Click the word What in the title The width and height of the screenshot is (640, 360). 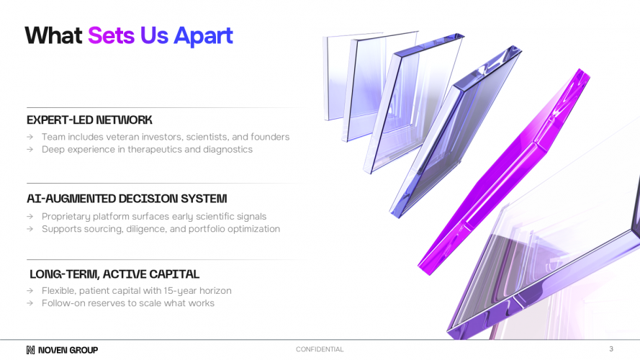[53, 35]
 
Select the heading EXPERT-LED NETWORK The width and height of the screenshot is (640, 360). [89, 120]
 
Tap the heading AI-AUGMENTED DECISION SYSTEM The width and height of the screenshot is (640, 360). [127, 199]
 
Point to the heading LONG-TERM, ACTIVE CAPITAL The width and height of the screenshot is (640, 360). [114, 274]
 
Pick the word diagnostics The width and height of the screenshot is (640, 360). [227, 150]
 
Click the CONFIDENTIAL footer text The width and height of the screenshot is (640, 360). [320, 349]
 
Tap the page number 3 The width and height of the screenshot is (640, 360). [611, 349]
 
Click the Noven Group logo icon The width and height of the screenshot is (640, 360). [30, 350]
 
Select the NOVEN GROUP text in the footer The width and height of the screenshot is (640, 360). [68, 350]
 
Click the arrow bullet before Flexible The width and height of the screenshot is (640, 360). [30, 291]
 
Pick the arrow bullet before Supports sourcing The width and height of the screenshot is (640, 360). [30, 229]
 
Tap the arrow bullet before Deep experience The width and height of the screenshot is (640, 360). [30, 150]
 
